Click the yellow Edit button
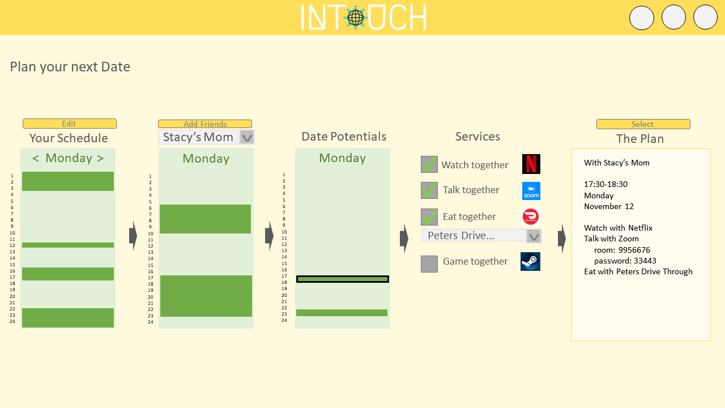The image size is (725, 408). pos(69,124)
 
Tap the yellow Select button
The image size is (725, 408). pos(643,124)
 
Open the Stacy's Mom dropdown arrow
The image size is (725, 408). pos(247,137)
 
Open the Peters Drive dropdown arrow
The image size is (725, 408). pos(534,236)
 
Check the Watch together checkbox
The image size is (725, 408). pos(429,164)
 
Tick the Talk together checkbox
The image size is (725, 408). pos(429,190)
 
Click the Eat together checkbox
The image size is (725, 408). pos(429,217)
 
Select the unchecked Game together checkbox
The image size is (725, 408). pos(429,264)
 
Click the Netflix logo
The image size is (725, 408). pos(531,164)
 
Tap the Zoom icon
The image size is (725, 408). pos(531,191)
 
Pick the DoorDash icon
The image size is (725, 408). pos(531,216)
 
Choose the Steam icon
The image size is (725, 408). pos(531,262)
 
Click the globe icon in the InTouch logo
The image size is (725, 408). pos(356,18)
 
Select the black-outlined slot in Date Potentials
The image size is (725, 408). pos(343,279)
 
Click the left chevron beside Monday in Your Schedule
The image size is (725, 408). pos(36,158)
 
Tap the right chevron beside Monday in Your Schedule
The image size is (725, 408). pos(100,158)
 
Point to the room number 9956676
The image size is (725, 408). pos(634,250)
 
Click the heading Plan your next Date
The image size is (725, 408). pos(70,67)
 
